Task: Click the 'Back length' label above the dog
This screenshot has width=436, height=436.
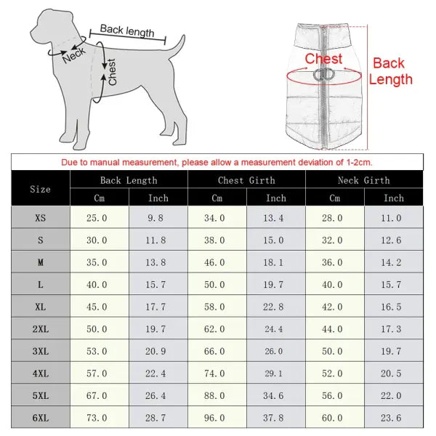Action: [127, 31]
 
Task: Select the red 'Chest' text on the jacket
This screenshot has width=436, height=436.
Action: [323, 59]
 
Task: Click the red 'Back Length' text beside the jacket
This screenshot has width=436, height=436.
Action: [390, 71]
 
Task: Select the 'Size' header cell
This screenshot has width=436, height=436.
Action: [41, 189]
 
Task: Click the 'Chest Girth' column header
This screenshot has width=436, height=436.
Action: [246, 180]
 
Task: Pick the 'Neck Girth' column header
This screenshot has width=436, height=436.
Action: [363, 180]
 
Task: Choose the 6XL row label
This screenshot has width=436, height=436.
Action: [41, 418]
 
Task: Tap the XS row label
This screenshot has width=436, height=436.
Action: [41, 217]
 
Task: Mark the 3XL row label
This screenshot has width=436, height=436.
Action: [41, 351]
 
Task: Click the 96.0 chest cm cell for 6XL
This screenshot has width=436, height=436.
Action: [217, 418]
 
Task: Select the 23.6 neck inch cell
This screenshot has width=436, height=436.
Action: [393, 418]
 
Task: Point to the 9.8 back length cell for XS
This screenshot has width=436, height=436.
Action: [158, 217]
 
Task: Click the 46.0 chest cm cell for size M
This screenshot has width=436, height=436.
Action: [217, 262]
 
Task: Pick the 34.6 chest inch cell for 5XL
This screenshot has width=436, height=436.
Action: [276, 395]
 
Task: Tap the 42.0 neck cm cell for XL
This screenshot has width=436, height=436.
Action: [334, 307]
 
